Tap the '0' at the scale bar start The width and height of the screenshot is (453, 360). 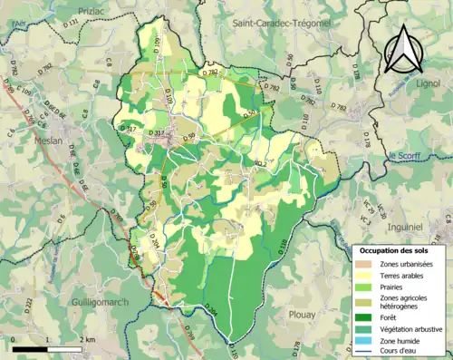tap(14, 339)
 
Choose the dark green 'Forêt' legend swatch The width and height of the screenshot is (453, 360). tap(367, 317)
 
